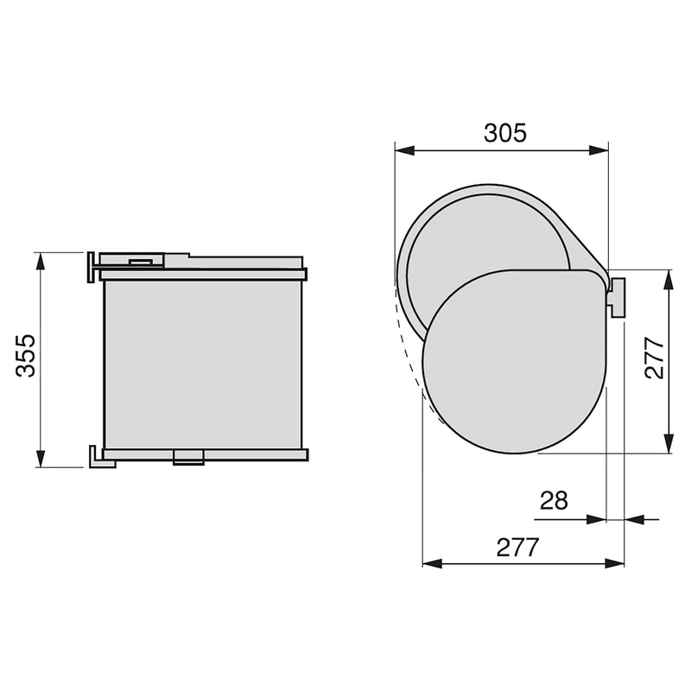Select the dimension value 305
504,133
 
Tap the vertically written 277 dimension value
655,358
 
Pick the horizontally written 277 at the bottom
518,547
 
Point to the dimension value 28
554,501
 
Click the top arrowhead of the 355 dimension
40,260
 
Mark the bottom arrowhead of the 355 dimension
40,459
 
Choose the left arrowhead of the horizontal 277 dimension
430,563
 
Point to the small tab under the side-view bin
188,457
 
